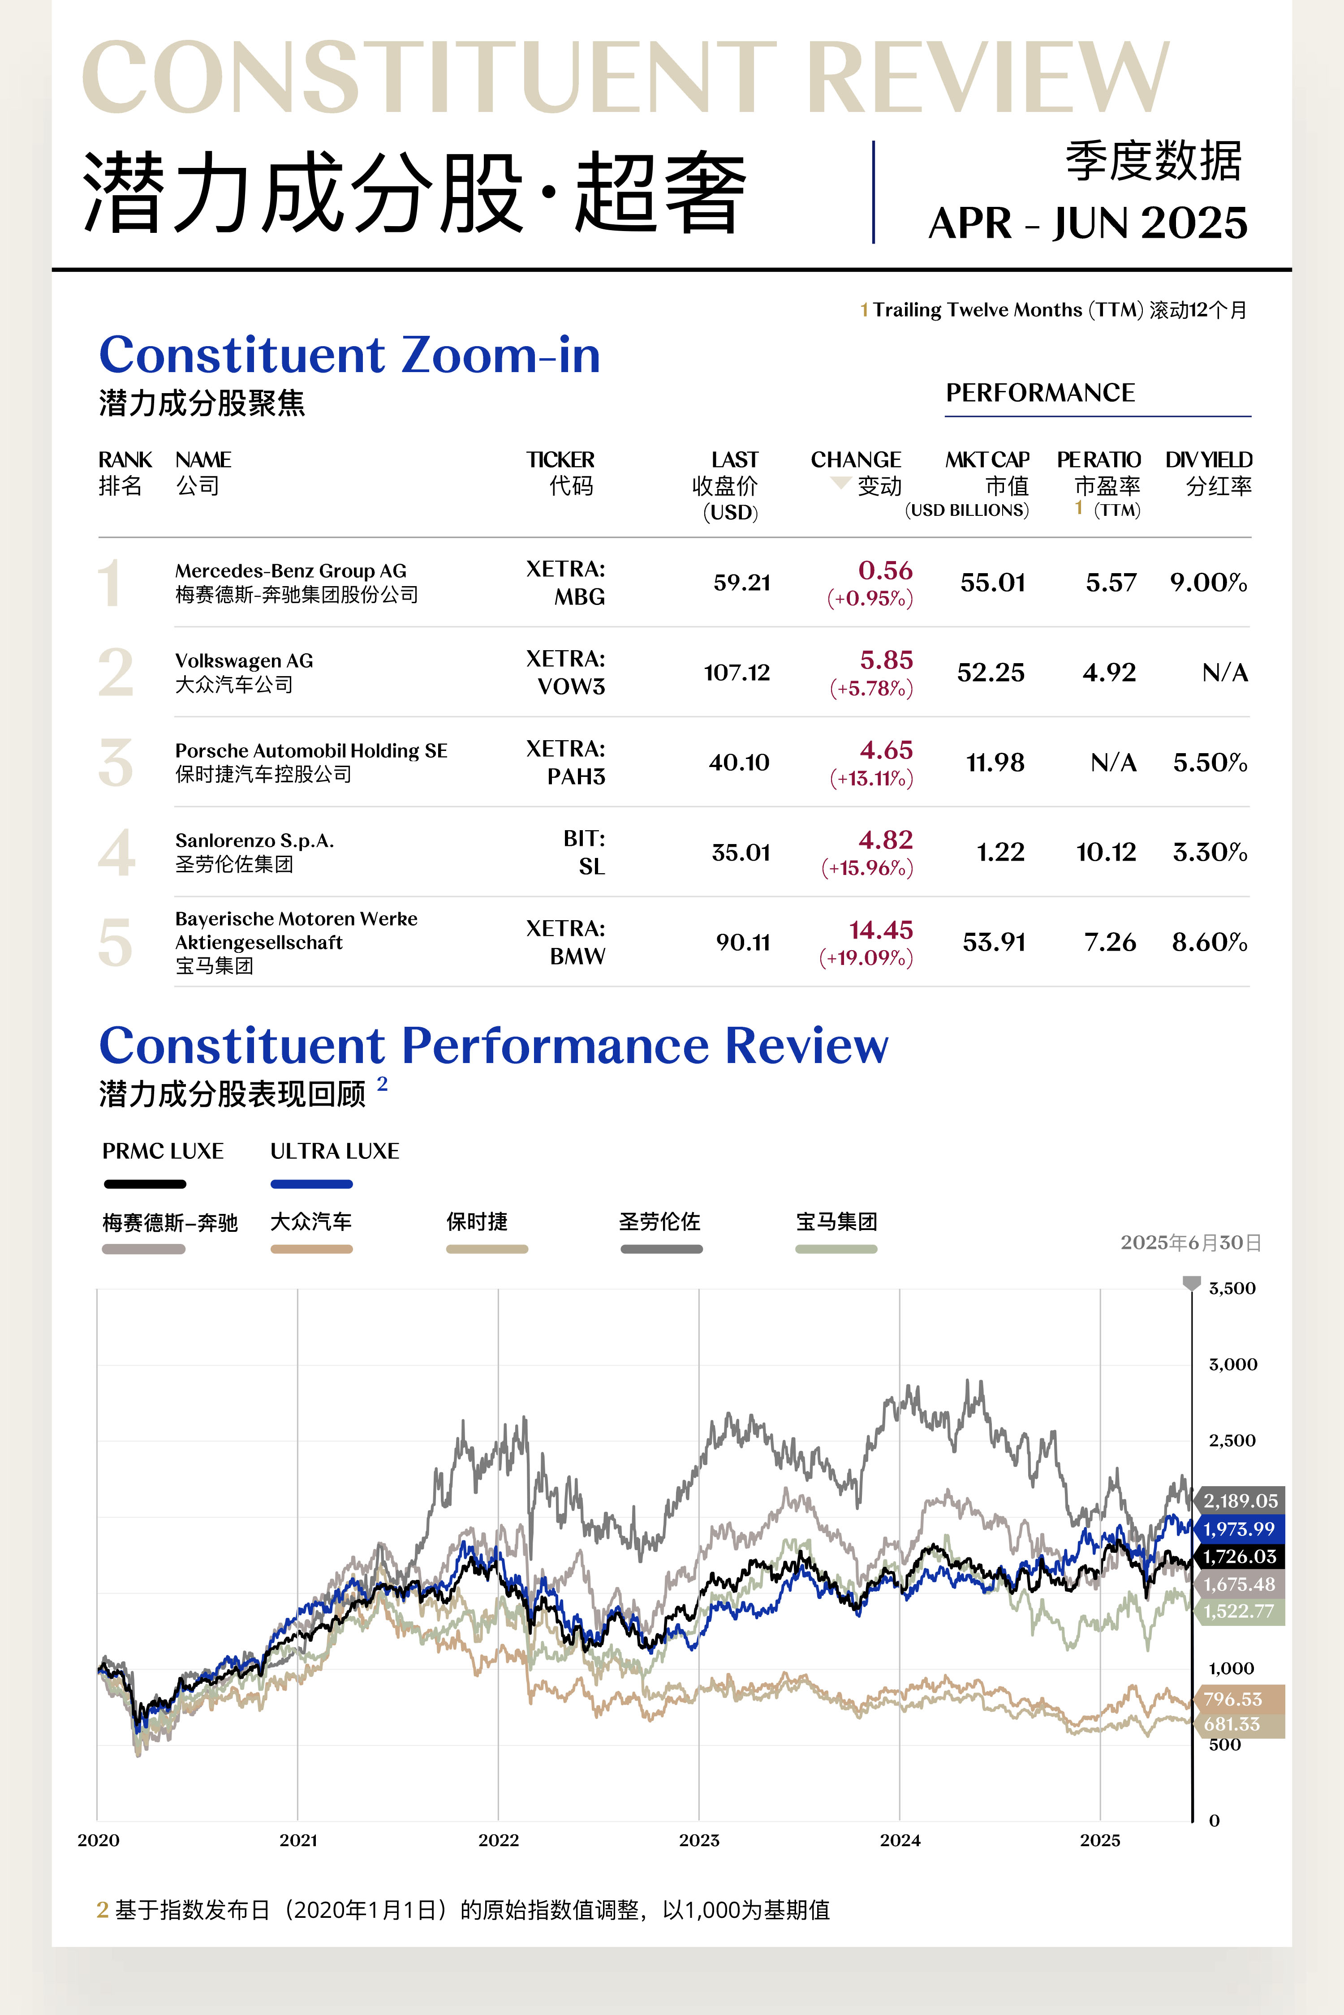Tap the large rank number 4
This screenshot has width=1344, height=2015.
[x=116, y=853]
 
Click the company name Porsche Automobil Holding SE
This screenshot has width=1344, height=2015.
[x=311, y=750]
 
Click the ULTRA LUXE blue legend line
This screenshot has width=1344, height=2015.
[x=311, y=1184]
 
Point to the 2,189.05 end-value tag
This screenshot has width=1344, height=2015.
[x=1240, y=1501]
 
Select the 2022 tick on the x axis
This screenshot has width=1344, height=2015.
[x=498, y=1840]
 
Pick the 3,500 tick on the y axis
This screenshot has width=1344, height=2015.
[x=1232, y=1289]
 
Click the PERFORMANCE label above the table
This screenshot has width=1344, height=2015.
[x=1040, y=393]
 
